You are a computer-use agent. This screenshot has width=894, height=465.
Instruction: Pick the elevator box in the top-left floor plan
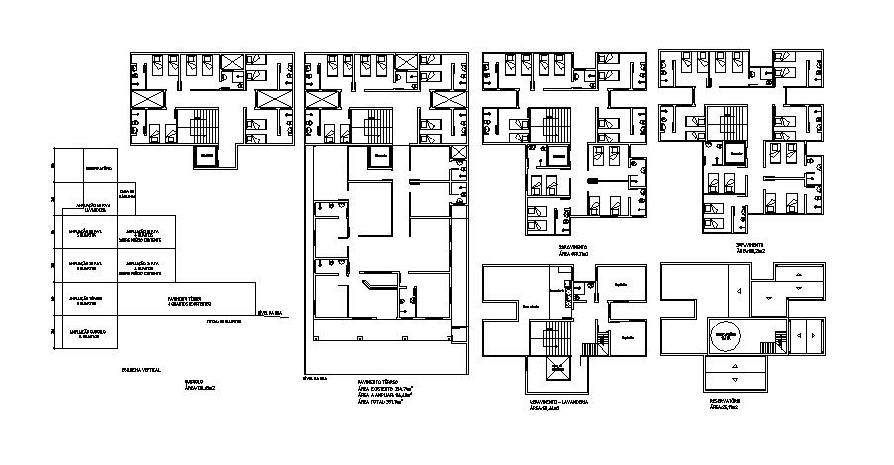(x=206, y=156)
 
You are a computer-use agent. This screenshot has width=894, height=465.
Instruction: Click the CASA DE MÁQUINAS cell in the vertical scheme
(x=126, y=193)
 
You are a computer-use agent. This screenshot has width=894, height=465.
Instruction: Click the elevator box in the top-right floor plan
(x=735, y=155)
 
